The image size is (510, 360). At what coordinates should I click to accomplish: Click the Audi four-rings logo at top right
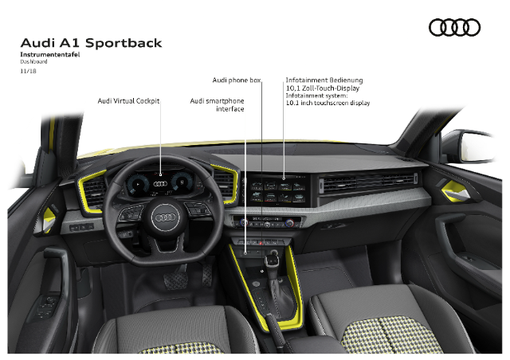pos(454,27)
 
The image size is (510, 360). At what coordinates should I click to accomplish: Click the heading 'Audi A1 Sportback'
pos(91,43)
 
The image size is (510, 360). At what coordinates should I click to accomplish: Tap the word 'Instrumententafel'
pos(49,54)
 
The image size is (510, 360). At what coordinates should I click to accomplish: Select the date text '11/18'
pos(28,71)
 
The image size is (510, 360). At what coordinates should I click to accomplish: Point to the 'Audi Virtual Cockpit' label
pos(128,101)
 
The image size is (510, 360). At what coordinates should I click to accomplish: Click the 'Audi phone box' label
pos(237,80)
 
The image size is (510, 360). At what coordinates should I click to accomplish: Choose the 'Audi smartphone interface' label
pos(217,104)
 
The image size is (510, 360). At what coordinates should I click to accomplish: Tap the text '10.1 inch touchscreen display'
pos(328,103)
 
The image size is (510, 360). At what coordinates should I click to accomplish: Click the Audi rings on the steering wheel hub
pos(165,217)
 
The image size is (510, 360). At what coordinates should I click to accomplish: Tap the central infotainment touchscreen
pos(278,191)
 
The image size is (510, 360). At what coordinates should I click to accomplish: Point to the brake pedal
pos(175,280)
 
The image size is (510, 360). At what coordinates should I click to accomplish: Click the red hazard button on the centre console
pos(261,243)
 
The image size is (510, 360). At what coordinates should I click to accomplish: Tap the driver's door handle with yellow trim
pos(49,218)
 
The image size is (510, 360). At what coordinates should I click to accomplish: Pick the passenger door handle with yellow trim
pos(455,192)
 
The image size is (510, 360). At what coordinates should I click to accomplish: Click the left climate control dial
pos(244,222)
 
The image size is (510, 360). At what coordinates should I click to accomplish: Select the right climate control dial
pos(289,223)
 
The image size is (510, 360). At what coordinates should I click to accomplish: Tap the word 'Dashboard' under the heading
pos(33,61)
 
